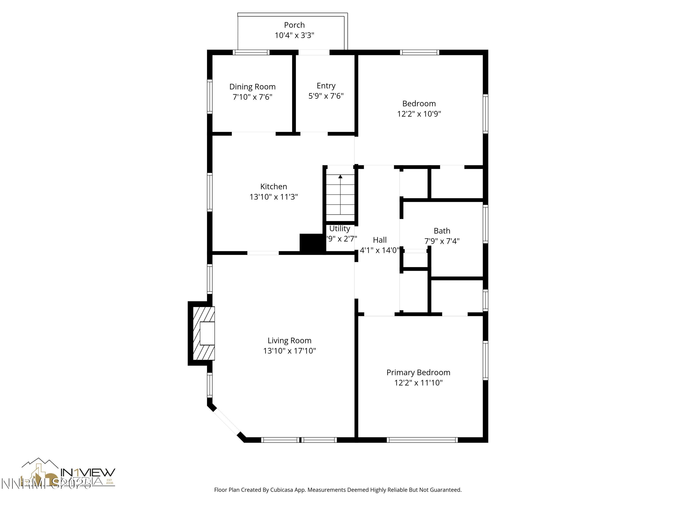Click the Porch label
[x=294, y=25]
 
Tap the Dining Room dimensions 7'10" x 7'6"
[x=252, y=97]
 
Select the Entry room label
[x=326, y=86]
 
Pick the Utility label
[x=340, y=228]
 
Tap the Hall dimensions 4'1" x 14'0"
[x=379, y=250]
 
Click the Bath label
[x=442, y=231]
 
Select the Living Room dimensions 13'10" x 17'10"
[x=289, y=351]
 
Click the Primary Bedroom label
[x=418, y=372]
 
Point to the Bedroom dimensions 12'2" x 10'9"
[x=419, y=114]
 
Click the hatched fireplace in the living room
[x=203, y=333]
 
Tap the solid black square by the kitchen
[x=311, y=243]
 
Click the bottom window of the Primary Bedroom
[x=422, y=440]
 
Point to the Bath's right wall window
[x=485, y=224]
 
